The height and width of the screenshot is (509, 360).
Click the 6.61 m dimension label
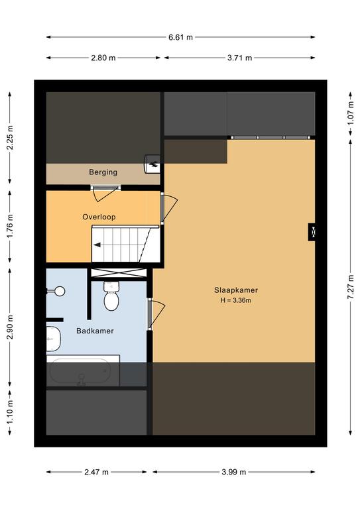coord(180,37)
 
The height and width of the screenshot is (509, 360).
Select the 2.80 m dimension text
coord(103,58)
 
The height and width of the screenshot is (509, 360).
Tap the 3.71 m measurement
coord(239,58)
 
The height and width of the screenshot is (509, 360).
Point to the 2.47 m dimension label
coord(96,472)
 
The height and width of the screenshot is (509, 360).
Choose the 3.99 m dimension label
coord(234,472)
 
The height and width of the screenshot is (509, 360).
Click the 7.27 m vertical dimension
coord(351,287)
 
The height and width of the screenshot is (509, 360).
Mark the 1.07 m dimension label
coord(351,113)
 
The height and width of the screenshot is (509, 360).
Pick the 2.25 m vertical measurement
coord(10,138)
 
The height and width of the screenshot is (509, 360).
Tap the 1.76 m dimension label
coord(10,226)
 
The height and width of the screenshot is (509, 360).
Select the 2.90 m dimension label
coord(10,327)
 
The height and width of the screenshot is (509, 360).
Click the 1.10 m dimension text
coord(10,413)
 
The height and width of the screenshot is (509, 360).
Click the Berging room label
coord(103,172)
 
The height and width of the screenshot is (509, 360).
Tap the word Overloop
coord(99,217)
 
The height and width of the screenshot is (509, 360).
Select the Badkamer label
coord(95,331)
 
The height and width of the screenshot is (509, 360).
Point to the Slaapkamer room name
coord(236,290)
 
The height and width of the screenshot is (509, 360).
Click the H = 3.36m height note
coord(235,300)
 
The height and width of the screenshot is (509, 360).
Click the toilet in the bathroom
coord(111,296)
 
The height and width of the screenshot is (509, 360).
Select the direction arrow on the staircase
coord(97,245)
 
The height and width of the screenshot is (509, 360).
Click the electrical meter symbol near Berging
coord(152,164)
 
